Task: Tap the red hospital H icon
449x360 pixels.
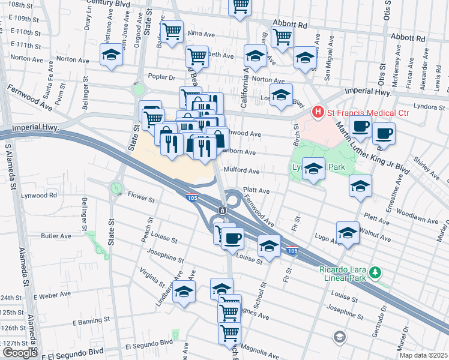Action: [317, 112]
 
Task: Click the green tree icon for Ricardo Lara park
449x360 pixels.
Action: [375, 273]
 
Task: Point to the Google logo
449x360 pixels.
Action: [20, 352]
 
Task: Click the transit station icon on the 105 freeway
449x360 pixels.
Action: [222, 210]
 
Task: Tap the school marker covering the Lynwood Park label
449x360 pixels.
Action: [313, 168]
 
